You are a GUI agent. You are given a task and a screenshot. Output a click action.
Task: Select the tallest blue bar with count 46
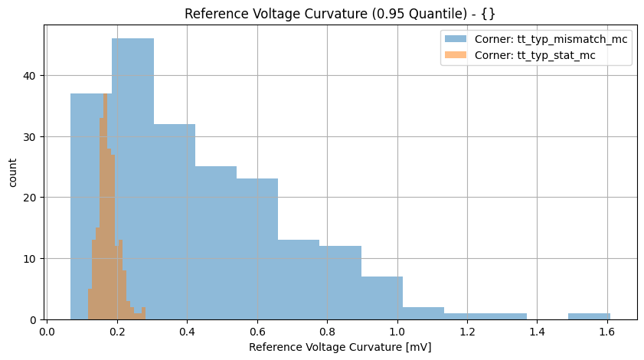click(x=132, y=176)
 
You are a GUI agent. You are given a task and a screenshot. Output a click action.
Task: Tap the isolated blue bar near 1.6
click(x=589, y=316)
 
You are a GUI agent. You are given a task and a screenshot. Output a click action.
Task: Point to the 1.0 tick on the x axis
click(x=397, y=320)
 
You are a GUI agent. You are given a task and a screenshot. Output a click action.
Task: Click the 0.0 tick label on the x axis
click(x=47, y=333)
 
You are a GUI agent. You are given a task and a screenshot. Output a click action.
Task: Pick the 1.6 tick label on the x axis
click(x=607, y=333)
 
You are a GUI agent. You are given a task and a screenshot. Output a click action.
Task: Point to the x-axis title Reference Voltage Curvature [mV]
click(x=339, y=348)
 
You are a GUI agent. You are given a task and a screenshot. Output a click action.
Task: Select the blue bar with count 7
click(x=381, y=298)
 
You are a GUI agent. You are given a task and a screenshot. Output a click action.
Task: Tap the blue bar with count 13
click(x=299, y=280)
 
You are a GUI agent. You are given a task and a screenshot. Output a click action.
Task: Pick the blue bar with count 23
click(x=257, y=249)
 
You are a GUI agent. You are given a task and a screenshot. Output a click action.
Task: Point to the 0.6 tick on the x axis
click(x=257, y=320)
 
